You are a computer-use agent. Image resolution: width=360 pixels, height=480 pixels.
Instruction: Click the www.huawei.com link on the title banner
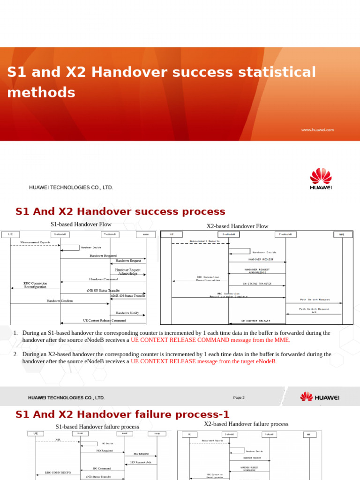click(317, 130)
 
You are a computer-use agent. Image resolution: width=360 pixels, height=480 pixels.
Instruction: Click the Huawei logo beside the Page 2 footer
click(320, 397)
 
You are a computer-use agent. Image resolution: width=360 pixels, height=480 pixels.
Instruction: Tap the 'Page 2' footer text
click(239, 398)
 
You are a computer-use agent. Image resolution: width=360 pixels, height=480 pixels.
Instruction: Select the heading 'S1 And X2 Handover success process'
click(120, 211)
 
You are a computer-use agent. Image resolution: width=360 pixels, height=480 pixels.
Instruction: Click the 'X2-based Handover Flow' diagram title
click(238, 226)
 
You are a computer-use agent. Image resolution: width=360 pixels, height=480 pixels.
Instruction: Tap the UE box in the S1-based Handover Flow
click(10, 234)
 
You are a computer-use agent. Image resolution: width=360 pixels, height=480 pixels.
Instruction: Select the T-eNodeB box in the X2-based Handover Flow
click(286, 234)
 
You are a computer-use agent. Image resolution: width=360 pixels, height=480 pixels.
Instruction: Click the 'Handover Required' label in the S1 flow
click(103, 256)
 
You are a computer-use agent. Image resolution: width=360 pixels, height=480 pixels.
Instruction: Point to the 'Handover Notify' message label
click(127, 313)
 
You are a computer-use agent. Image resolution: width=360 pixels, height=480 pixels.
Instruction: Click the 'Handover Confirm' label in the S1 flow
click(60, 301)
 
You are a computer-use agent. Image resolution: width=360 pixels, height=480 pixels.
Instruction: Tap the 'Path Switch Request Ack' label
click(314, 310)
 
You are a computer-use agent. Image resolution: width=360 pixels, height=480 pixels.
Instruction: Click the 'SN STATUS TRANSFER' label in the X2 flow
click(257, 284)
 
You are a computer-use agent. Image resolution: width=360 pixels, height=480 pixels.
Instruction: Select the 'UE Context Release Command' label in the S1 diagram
click(105, 321)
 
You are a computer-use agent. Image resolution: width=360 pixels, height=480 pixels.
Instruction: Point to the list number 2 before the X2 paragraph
click(15, 354)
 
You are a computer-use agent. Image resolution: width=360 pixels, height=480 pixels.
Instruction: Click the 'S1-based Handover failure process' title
click(97, 427)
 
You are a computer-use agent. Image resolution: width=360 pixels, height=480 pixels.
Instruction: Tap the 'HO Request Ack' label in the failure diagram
click(141, 462)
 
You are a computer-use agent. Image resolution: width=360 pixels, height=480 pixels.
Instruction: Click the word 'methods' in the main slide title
click(41, 92)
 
